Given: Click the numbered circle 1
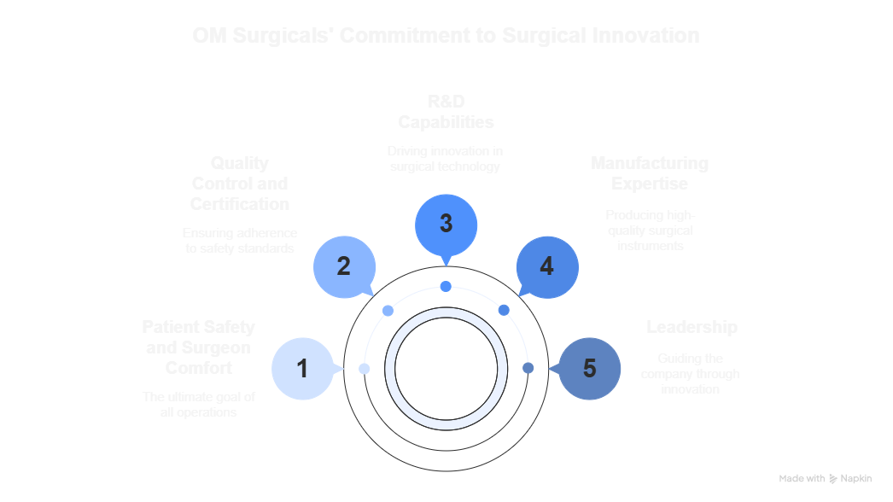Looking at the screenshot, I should [301, 369].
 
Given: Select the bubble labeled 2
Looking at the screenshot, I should [343, 266].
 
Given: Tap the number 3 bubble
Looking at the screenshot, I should [446, 224].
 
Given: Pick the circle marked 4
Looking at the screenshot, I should [547, 266].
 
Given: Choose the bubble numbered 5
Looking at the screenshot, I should [589, 369].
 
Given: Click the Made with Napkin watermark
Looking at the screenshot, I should [825, 479].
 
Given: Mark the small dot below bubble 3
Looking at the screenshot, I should [446, 286].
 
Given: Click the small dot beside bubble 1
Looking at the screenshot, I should [365, 369].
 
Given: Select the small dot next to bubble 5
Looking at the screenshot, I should [528, 369].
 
